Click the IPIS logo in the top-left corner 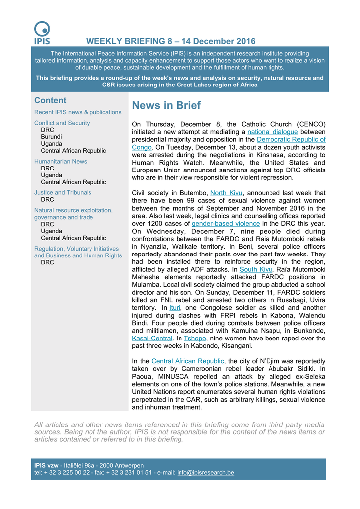pos(42,33)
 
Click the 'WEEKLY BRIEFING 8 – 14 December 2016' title pos(171,41)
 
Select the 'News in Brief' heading pos(166,105)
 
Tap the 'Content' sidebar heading pos(50,100)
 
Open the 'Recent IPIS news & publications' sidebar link pos(78,112)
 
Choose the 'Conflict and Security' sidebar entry pos(62,123)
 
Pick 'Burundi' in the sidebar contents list pos(52,137)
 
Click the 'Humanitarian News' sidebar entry pos(61,161)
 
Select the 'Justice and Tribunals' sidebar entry pos(63,192)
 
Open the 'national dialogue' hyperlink pos(272,132)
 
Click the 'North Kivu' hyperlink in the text pos(226,193)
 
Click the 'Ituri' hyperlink pos(175,308)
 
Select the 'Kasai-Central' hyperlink pos(152,339)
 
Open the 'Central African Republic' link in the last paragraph pos(187,361)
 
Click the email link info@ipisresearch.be pos(205,472)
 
